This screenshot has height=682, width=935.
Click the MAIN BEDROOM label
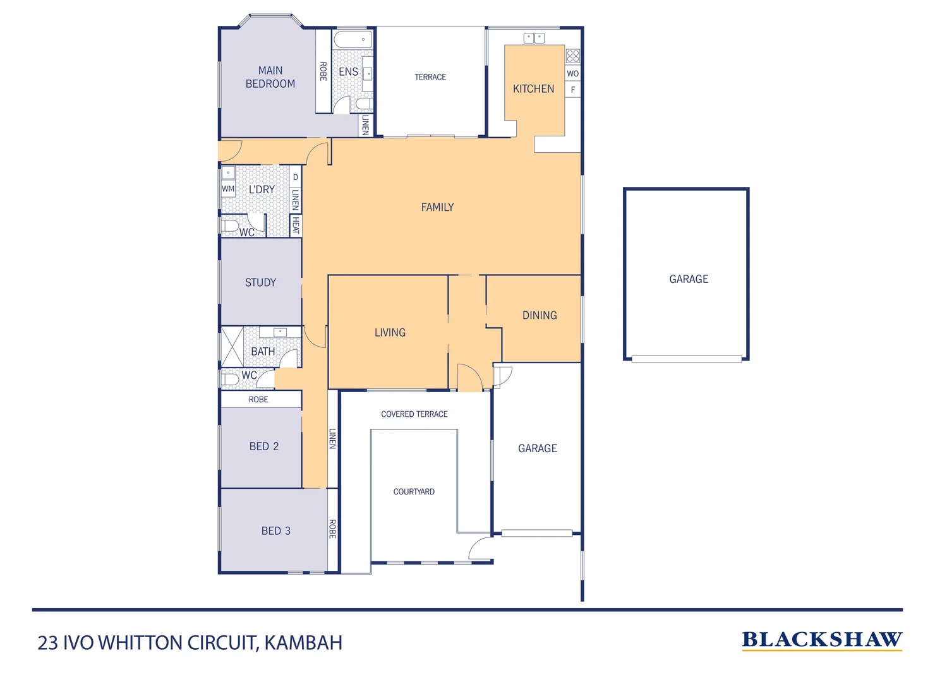(x=270, y=77)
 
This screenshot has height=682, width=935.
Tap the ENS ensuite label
(x=348, y=72)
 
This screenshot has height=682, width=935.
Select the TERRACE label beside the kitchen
(x=430, y=77)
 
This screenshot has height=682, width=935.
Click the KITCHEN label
(x=533, y=89)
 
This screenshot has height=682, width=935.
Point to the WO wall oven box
(x=572, y=74)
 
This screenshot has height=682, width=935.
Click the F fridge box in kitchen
(x=573, y=90)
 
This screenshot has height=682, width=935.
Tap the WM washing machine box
(x=228, y=189)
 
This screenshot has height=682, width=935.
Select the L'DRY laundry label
(x=262, y=189)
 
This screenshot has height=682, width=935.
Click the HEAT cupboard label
(x=296, y=225)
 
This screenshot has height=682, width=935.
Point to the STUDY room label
(x=260, y=282)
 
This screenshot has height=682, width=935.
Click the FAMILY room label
(x=437, y=207)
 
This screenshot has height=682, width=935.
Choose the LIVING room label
(x=390, y=333)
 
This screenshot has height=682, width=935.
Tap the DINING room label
(x=540, y=315)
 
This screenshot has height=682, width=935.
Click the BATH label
(x=263, y=352)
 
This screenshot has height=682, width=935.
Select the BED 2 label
(x=263, y=446)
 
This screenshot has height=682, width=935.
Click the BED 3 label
(x=275, y=531)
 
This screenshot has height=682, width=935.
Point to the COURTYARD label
(x=414, y=492)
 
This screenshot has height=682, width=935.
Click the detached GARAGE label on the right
(x=689, y=279)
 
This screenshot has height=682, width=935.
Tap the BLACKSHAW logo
(x=821, y=640)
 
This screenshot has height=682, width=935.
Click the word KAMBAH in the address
(x=303, y=643)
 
